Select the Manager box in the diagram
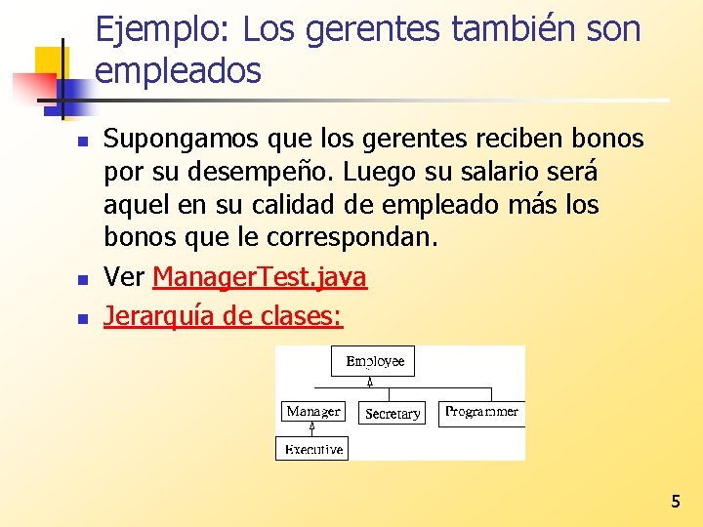312,412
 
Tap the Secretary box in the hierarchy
393,414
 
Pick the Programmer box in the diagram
481,412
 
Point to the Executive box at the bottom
312,449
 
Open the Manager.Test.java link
260,278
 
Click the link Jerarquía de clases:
224,316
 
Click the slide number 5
675,502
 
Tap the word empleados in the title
179,70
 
